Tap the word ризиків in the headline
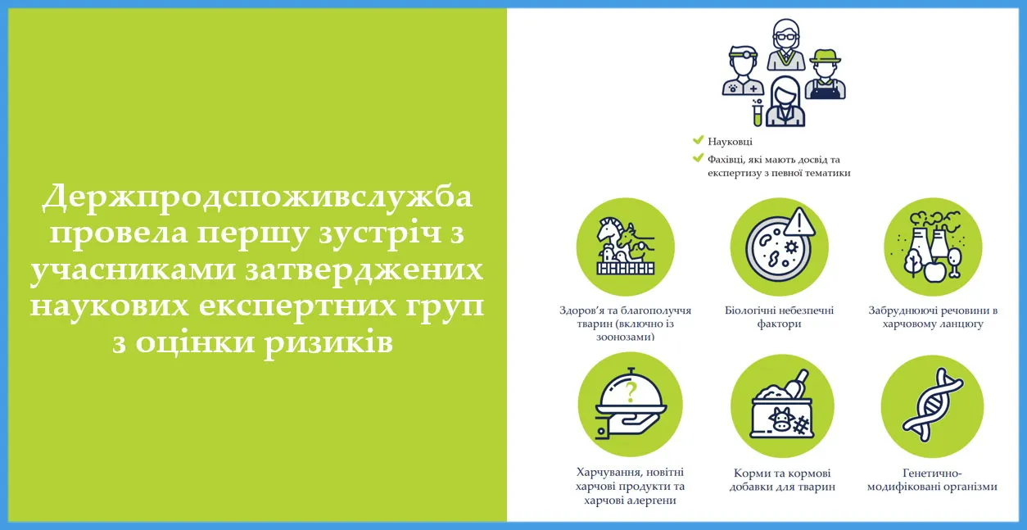click(x=328, y=343)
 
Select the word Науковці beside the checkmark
click(x=730, y=142)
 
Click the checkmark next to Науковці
click(x=698, y=140)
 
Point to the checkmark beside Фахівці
click(x=698, y=158)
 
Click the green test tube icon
click(x=758, y=113)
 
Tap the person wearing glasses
click(x=786, y=44)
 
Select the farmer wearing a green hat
click(x=826, y=75)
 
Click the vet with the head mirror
click(x=743, y=70)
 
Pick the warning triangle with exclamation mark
click(x=799, y=222)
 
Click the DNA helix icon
click(x=933, y=405)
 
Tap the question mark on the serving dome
click(x=631, y=392)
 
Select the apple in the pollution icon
click(x=934, y=271)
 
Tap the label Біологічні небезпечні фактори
click(x=779, y=317)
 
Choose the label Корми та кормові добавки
click(x=782, y=480)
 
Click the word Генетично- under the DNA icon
click(x=932, y=473)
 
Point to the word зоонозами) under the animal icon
click(x=625, y=337)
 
